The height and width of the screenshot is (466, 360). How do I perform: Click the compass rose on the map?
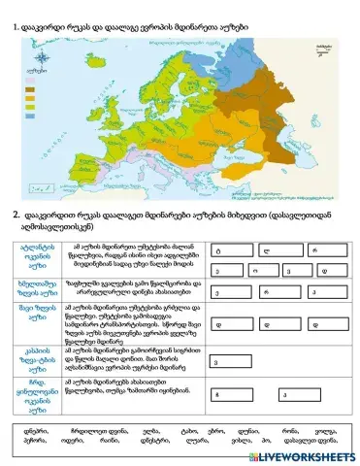[x=41, y=66]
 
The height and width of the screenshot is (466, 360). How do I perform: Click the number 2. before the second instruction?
[x=16, y=215]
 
